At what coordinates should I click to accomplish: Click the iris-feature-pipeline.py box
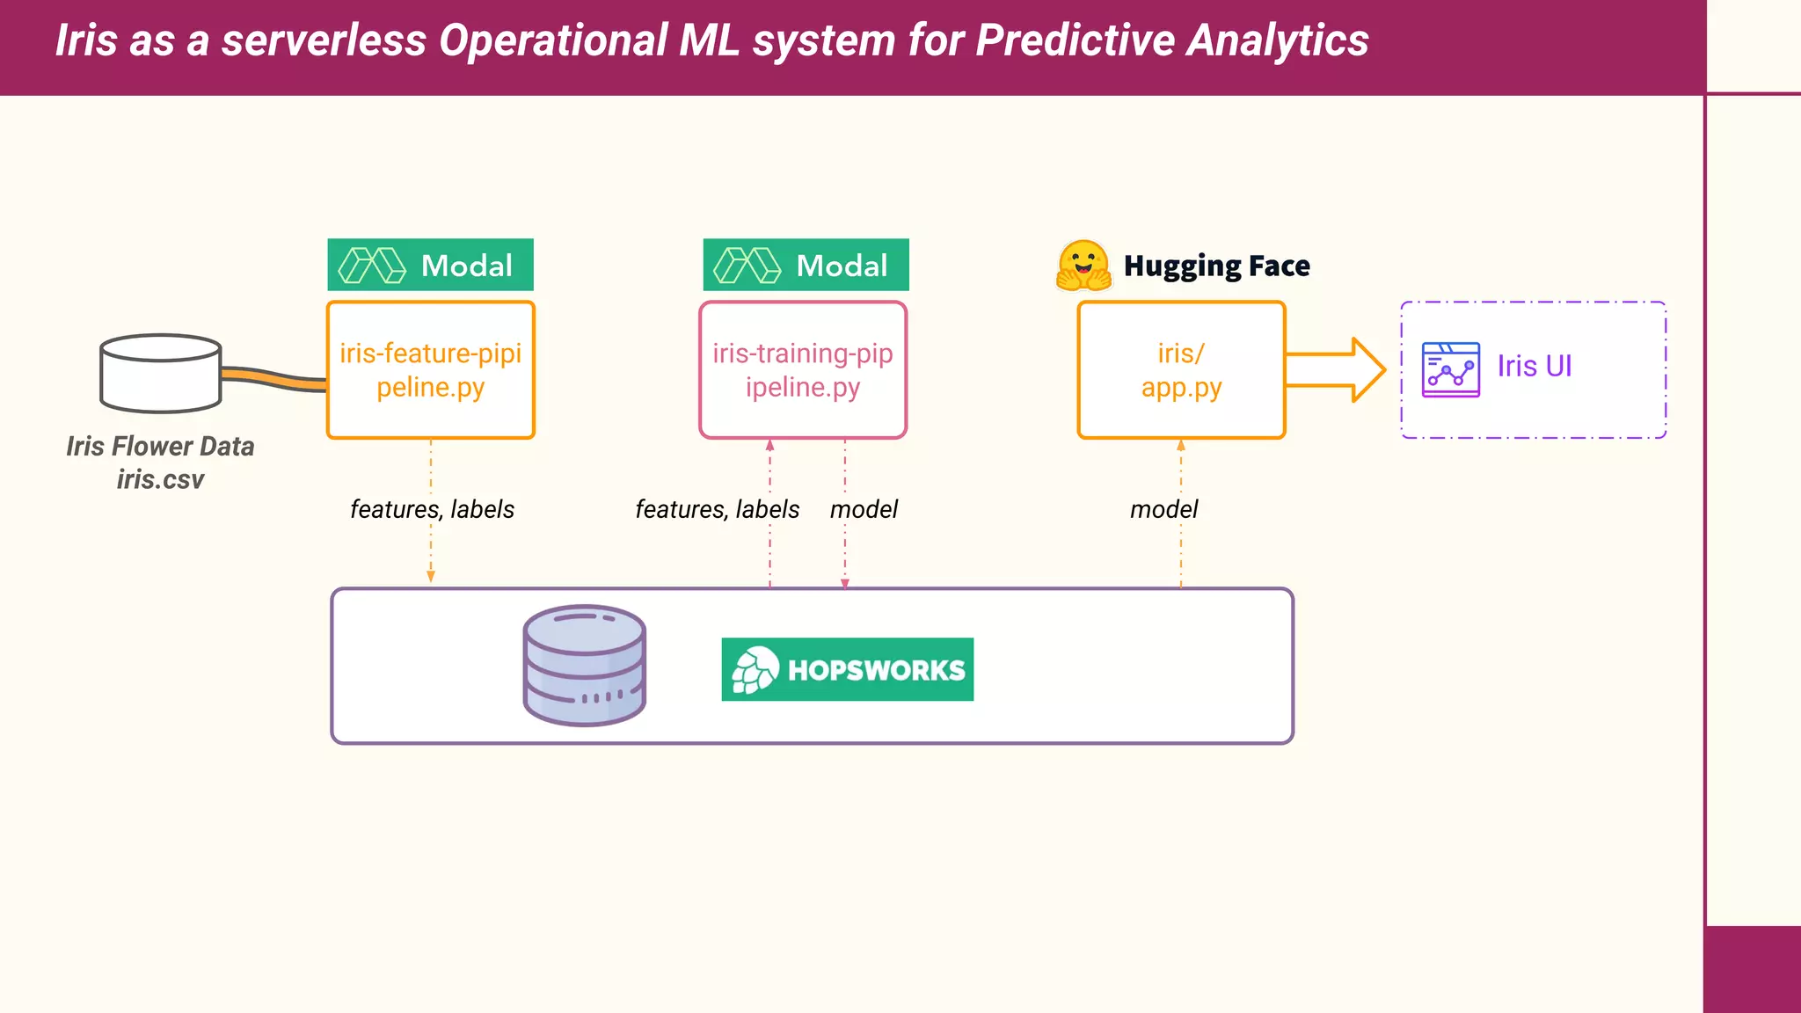(x=430, y=369)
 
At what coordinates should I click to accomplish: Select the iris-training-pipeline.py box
(x=802, y=369)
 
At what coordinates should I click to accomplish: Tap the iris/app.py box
(x=1181, y=369)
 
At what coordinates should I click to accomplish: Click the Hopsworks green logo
(x=847, y=669)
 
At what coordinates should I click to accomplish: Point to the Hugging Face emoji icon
(x=1083, y=266)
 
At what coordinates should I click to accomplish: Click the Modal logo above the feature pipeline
(x=430, y=265)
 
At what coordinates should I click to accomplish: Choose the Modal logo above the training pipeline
(x=806, y=265)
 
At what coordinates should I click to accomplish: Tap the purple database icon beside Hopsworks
(x=585, y=666)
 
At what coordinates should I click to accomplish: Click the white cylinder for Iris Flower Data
(x=161, y=374)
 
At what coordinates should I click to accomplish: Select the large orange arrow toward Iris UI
(x=1335, y=370)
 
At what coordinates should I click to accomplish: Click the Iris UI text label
(x=1535, y=366)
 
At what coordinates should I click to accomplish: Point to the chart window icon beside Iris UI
(x=1450, y=369)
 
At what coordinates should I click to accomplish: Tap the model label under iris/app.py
(x=1163, y=509)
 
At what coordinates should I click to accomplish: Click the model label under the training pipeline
(x=864, y=509)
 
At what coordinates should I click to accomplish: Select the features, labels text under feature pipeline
(x=432, y=509)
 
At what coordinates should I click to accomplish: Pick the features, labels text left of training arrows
(x=718, y=509)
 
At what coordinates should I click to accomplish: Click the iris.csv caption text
(x=160, y=479)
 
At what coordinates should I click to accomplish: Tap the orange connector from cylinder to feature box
(x=273, y=379)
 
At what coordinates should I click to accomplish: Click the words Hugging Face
(x=1216, y=266)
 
